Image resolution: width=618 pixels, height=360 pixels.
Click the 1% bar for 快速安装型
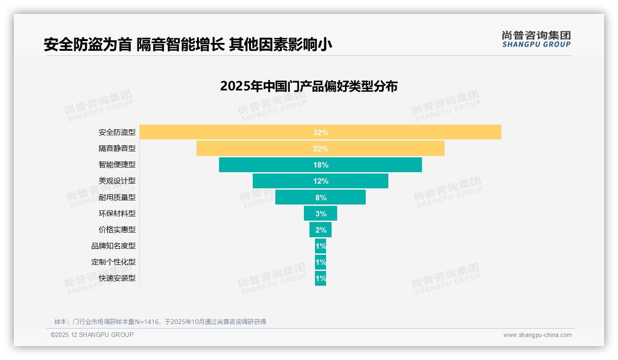coord(321,278)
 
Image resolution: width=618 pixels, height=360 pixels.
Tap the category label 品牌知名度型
coord(113,246)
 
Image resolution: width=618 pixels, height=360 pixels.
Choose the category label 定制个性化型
coord(113,262)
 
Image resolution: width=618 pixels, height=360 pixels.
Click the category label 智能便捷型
coord(117,165)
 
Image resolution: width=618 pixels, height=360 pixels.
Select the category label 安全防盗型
coord(117,132)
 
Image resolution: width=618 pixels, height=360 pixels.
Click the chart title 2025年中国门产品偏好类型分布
coord(309,86)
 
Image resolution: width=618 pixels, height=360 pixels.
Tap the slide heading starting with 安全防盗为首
coord(188,45)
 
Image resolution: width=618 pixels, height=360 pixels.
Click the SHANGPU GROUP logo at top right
coord(536,39)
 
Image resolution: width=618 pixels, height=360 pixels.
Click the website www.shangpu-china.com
coord(537,335)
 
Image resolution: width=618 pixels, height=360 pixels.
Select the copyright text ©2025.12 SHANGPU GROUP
coord(92,335)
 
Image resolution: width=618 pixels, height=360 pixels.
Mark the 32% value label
coord(321,132)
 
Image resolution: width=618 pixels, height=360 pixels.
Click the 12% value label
coord(321,181)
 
